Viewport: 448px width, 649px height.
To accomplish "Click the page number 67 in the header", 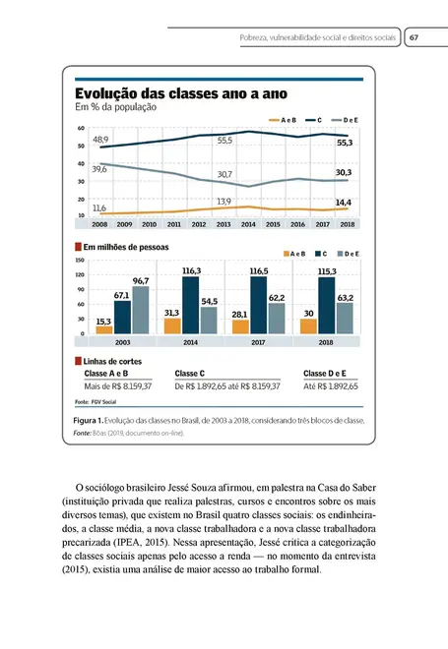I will pos(415,37).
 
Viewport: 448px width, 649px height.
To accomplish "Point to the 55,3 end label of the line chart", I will pos(345,143).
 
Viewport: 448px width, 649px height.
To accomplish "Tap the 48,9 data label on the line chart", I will pos(100,141).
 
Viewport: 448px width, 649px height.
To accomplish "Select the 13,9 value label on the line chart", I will pos(224,201).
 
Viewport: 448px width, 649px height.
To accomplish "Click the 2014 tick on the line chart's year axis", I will pos(247,224).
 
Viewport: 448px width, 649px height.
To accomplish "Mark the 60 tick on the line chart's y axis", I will pos(80,128).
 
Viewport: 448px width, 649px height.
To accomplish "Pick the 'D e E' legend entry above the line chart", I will pos(350,119).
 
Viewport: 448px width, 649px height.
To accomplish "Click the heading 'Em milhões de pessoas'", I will pos(125,246).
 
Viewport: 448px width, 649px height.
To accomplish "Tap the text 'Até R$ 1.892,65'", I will pos(330,387).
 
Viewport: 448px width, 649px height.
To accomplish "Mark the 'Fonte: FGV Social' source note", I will pos(96,402).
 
